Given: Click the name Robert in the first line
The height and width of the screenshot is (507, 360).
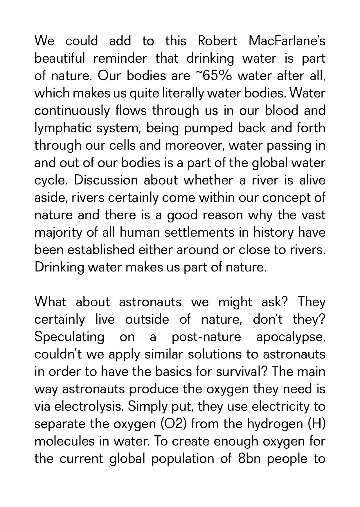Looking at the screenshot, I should tap(217, 41).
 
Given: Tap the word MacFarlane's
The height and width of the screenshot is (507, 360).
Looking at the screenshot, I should tap(287, 41).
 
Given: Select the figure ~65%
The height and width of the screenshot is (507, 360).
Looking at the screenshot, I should tap(213, 76).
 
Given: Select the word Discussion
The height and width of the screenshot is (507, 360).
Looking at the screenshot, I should tap(106, 180).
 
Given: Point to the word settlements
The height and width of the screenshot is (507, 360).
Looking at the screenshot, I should tap(178, 233).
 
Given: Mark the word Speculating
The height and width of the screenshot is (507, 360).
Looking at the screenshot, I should tap(69, 337).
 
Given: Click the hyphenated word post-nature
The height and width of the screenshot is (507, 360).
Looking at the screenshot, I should tap(206, 337).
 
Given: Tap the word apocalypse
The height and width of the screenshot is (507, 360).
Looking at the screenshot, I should tap(291, 337).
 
